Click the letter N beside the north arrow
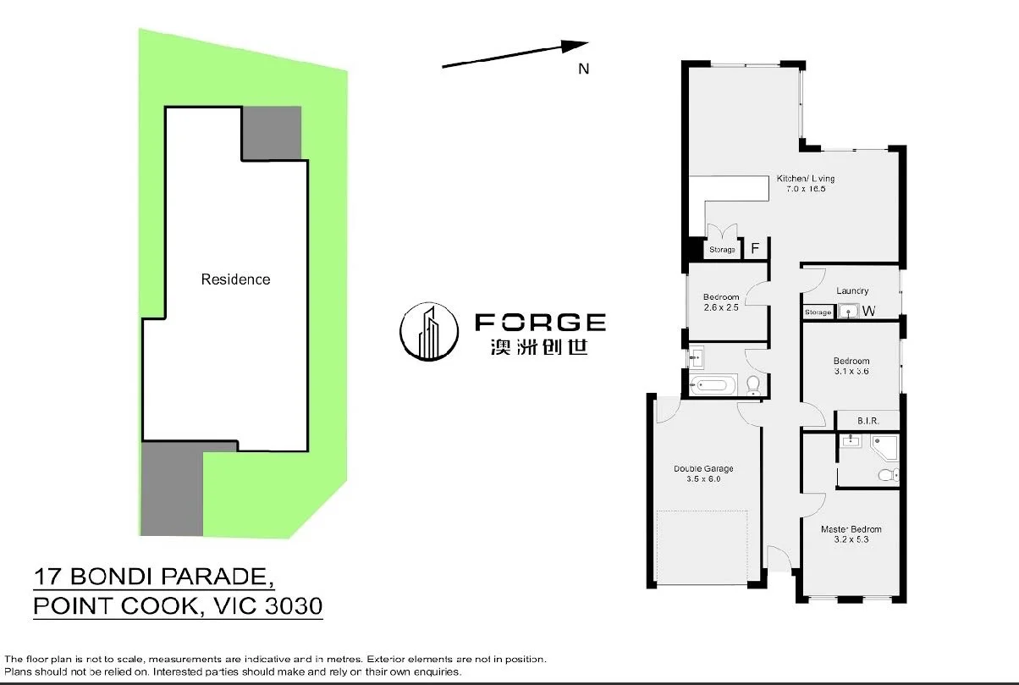pos(583,69)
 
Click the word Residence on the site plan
pos(235,279)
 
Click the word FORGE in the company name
pos(540,322)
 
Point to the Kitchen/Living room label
pos(806,179)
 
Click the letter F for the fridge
pos(755,249)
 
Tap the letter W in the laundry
pos(868,312)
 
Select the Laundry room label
pos(852,291)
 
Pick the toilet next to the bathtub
pos(752,386)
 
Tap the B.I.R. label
pos(868,420)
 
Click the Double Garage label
pos(703,468)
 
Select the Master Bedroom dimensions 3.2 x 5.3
pos(845,539)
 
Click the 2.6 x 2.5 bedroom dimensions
pos(721,307)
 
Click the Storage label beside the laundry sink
pos(818,312)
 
